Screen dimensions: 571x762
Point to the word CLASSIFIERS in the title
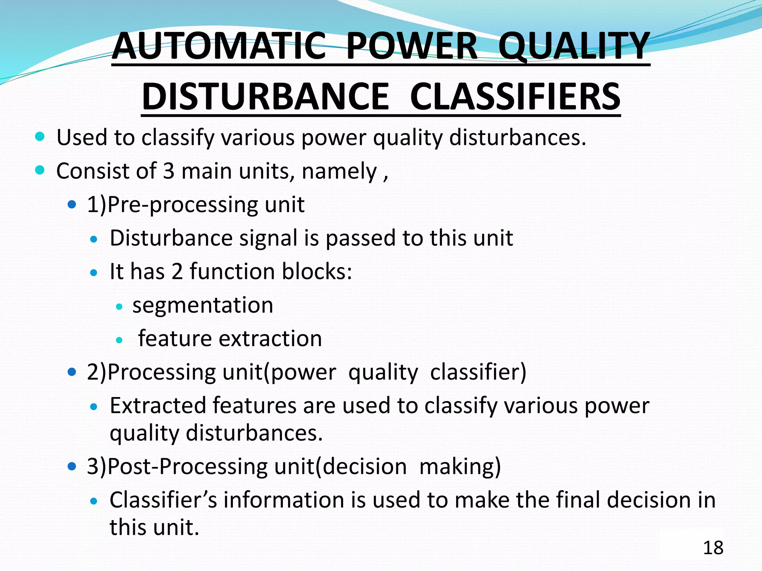point(515,96)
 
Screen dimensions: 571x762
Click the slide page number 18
point(713,548)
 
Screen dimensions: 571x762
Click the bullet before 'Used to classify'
point(40,136)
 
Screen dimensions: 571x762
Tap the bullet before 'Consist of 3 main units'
point(40,170)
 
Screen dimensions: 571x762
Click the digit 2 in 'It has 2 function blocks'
point(177,271)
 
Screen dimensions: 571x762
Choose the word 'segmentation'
point(203,305)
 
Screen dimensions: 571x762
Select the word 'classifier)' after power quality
point(478,372)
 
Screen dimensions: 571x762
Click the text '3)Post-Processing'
point(177,466)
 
